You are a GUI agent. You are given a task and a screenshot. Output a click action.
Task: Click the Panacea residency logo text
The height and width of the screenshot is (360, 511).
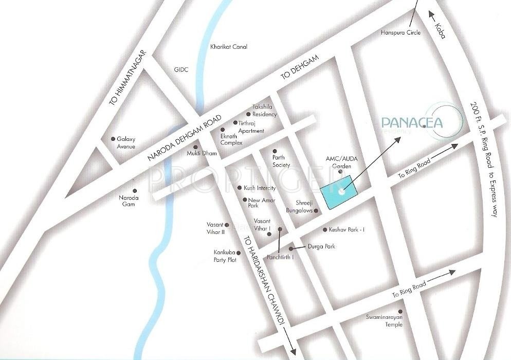tap(411, 123)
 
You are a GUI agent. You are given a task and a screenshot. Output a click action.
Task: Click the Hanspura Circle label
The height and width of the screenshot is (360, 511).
tap(401, 33)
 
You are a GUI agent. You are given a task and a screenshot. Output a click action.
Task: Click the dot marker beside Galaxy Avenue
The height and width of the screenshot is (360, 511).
tap(113, 139)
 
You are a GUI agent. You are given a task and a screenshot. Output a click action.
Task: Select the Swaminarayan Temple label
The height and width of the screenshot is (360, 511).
tap(388, 321)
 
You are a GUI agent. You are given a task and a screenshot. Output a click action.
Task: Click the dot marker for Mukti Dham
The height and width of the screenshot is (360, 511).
tap(195, 147)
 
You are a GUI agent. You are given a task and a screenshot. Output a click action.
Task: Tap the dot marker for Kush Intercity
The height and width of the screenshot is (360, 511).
tap(240, 188)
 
